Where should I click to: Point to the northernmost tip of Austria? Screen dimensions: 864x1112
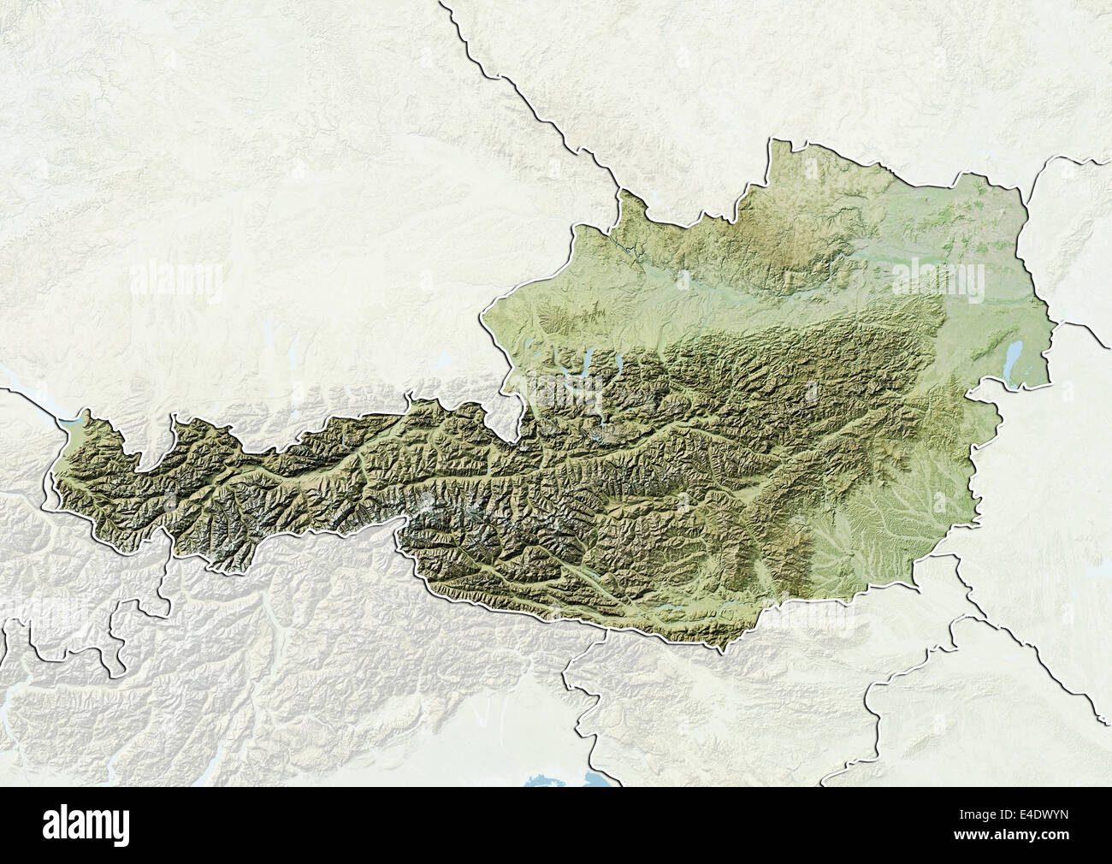[775, 139]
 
